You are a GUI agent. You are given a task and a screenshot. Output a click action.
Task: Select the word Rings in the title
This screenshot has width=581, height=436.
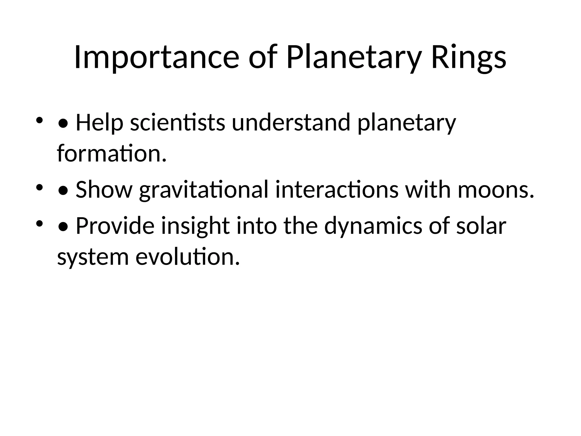coord(468,58)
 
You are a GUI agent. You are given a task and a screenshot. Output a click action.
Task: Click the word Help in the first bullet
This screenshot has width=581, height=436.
coord(100,123)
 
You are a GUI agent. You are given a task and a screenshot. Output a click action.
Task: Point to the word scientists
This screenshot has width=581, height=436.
coord(178,123)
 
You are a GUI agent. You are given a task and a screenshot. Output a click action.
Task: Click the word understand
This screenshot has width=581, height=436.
coord(291,123)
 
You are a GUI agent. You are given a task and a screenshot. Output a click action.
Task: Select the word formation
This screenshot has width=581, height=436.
coord(111,154)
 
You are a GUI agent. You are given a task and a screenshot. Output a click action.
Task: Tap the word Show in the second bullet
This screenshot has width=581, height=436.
coord(104,190)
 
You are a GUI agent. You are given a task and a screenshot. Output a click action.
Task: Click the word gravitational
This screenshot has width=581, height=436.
coord(204,190)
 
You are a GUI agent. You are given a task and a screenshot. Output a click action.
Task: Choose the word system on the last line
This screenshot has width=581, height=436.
coord(93,257)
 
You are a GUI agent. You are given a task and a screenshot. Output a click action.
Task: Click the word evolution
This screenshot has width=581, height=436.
coord(188,257)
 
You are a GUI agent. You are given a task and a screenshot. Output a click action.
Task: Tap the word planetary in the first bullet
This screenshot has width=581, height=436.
coord(407,123)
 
